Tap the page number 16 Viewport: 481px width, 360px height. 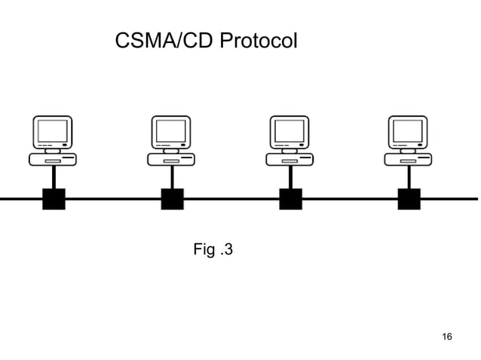(x=446, y=336)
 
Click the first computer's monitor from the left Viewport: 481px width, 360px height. (x=53, y=133)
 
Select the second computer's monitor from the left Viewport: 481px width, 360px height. (x=171, y=133)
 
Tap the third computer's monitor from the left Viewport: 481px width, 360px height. (x=290, y=133)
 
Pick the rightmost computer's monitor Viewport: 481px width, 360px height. (x=408, y=133)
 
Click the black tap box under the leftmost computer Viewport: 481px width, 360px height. (x=54, y=199)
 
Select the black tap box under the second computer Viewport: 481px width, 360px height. (x=172, y=199)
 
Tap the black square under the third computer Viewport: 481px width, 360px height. (x=290, y=199)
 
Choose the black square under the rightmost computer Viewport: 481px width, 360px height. (x=409, y=199)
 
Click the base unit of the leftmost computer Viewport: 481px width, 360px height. (x=53, y=160)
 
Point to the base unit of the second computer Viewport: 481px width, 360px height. (x=171, y=160)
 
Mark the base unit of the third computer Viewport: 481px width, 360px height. (x=290, y=160)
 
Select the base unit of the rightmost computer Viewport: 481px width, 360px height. (x=408, y=160)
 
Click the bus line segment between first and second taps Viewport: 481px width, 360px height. (x=113, y=200)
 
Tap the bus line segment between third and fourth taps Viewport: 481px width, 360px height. (x=350, y=200)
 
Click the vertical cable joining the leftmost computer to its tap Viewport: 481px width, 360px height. (x=54, y=177)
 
